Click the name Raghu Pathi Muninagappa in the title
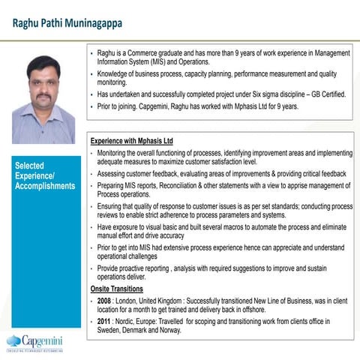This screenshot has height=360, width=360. pyautogui.click(x=67, y=23)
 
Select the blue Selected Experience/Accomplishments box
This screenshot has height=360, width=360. pyautogui.click(x=43, y=175)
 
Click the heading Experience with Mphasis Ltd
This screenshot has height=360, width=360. pyautogui.click(x=131, y=140)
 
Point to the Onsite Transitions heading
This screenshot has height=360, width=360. pyautogui.click(x=117, y=288)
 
